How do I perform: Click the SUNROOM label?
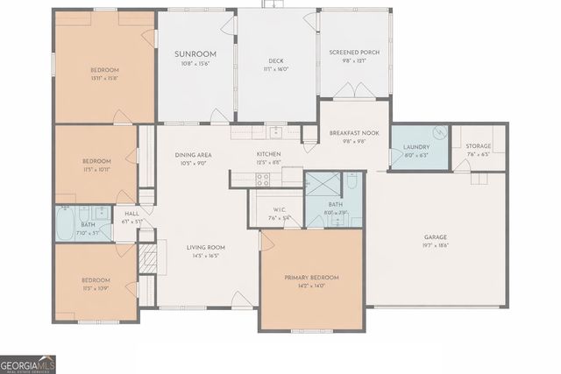pos(195,54)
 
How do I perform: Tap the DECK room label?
pos(276,60)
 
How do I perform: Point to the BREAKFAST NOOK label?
pos(352,133)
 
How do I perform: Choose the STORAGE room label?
pos(478,146)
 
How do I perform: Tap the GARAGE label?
pos(436,236)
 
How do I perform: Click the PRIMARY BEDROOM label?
pos(311,278)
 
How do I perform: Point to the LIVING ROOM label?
pos(205,247)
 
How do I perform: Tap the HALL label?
pos(131,213)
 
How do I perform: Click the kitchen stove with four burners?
pos(262,179)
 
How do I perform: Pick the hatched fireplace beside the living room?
pos(148,259)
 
